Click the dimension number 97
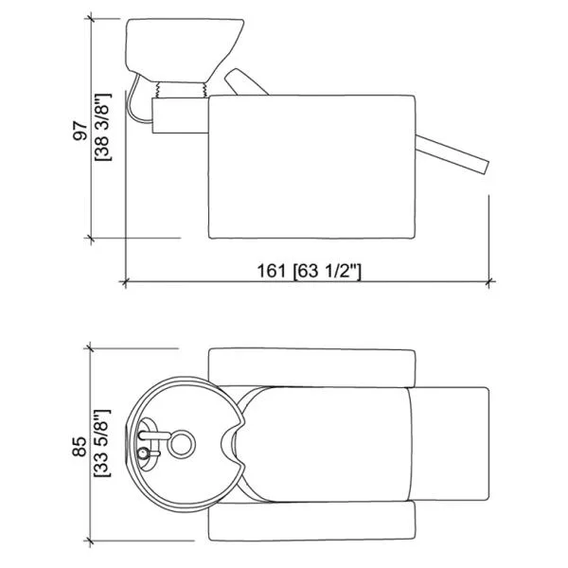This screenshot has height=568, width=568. tap(80, 131)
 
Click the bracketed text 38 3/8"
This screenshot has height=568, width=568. tap(103, 127)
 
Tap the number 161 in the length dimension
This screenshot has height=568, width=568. tap(271, 271)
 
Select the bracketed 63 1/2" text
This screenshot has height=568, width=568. tap(328, 271)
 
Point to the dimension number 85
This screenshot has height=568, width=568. tap(80, 447)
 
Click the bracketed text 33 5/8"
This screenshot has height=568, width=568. tap(103, 443)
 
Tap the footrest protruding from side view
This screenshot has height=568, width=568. tap(453, 154)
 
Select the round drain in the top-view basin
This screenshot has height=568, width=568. tap(182, 444)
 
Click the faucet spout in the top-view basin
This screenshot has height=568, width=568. tap(154, 435)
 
